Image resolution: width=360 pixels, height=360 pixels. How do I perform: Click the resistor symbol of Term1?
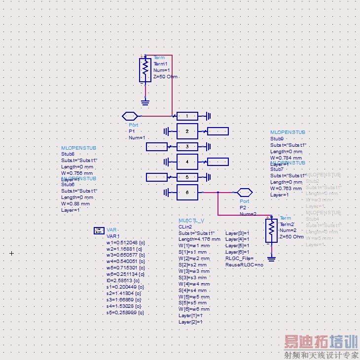tap(145, 70)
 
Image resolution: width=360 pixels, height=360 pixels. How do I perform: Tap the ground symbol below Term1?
tap(145, 102)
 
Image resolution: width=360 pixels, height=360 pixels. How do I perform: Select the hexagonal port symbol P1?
tap(130, 116)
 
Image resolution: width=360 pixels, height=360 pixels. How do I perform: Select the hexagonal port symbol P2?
tap(244, 192)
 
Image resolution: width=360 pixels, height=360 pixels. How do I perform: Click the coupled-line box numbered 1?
tap(187, 116)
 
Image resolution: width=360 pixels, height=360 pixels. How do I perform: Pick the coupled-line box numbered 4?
tap(187, 162)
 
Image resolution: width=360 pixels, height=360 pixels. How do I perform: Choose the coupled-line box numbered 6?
tap(187, 192)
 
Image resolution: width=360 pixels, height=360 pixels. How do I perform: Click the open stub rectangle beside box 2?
tap(217, 131)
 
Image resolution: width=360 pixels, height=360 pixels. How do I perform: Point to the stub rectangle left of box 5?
tap(157, 177)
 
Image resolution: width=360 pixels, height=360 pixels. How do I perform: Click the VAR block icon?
tap(99, 230)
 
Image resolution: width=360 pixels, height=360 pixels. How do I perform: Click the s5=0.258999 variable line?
tap(125, 313)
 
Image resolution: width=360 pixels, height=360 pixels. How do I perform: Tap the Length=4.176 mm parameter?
tap(199, 239)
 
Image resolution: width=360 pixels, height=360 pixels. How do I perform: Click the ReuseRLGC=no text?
tap(244, 264)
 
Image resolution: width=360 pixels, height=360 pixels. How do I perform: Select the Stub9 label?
tap(277, 138)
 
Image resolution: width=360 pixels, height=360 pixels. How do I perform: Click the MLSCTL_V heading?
tap(191, 221)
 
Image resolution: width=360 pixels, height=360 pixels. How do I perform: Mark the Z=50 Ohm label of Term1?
tap(165, 77)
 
